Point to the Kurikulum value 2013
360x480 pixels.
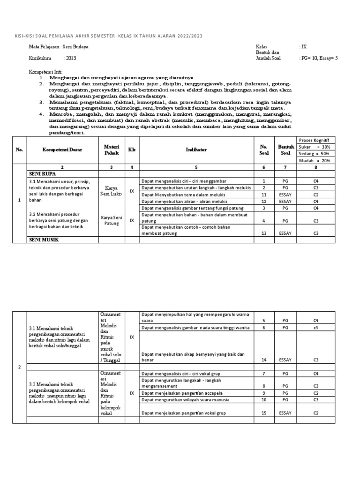[71, 59]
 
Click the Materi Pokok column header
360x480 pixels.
[112, 150]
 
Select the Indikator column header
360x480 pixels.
[196, 150]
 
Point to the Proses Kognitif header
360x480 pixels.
[315, 139]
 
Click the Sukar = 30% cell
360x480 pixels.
[315, 146]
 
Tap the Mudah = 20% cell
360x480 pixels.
[315, 160]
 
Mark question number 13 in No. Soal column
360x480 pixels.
[263, 233]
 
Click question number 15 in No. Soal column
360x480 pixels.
[263, 413]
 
